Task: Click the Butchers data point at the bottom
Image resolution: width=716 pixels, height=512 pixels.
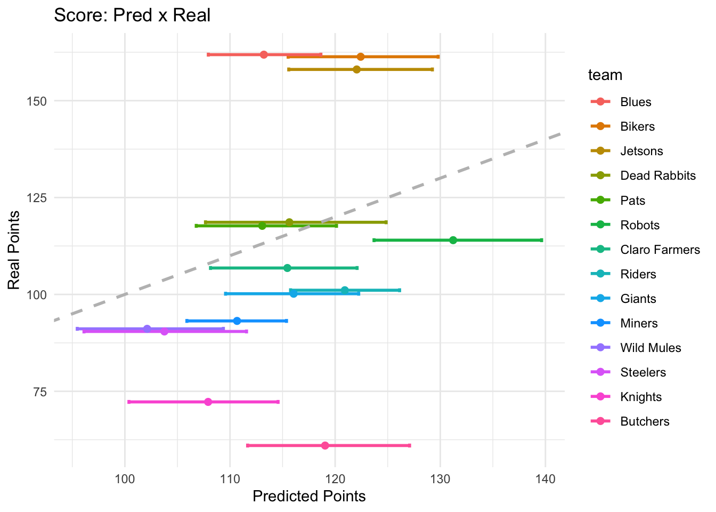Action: (x=325, y=445)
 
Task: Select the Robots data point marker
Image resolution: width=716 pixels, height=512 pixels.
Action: (x=453, y=240)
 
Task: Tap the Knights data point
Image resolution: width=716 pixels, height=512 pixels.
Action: (x=208, y=402)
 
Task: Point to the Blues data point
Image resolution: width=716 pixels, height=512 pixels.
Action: (x=264, y=54)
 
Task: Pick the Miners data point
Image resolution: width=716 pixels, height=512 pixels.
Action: (x=237, y=321)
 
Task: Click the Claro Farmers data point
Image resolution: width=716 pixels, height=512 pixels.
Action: (x=287, y=268)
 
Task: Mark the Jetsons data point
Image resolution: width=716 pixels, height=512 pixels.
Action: (x=356, y=69)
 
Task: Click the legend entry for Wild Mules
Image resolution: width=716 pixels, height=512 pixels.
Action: (x=650, y=348)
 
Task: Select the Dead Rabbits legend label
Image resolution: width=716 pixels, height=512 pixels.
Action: (x=658, y=175)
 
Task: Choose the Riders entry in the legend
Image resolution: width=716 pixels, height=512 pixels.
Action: (x=638, y=274)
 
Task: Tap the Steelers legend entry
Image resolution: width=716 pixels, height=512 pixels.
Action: (x=643, y=372)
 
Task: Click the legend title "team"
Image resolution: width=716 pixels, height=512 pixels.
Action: (x=605, y=75)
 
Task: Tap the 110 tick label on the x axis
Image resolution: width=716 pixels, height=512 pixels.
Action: (x=230, y=479)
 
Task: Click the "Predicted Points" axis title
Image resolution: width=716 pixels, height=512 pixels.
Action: (x=309, y=497)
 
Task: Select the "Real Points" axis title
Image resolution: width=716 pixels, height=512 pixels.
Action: (x=14, y=251)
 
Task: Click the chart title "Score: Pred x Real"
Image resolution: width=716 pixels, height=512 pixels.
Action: (x=132, y=15)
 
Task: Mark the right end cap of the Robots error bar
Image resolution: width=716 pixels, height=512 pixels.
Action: (x=542, y=240)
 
